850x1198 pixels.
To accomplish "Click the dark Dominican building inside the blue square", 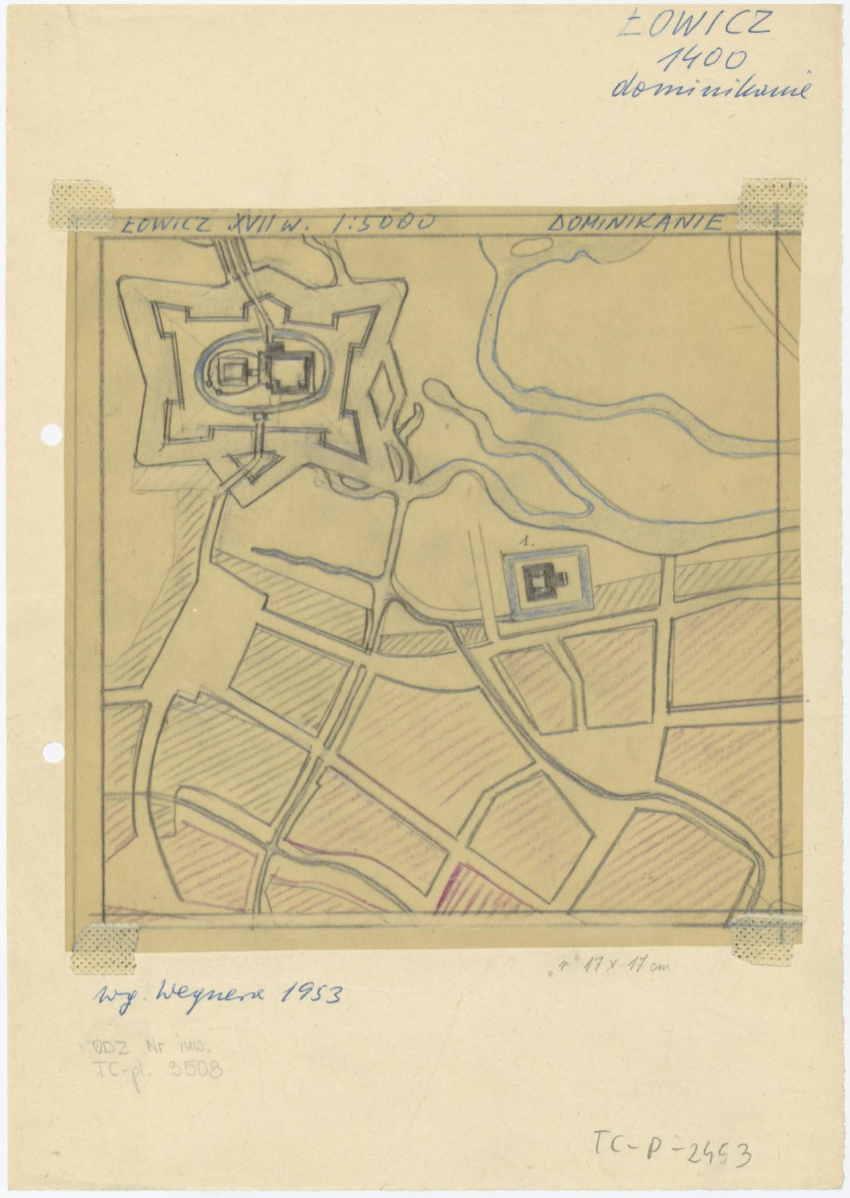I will tap(544, 579).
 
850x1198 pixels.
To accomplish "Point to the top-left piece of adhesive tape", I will tap(82, 205).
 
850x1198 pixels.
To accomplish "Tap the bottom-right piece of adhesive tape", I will tap(764, 939).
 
